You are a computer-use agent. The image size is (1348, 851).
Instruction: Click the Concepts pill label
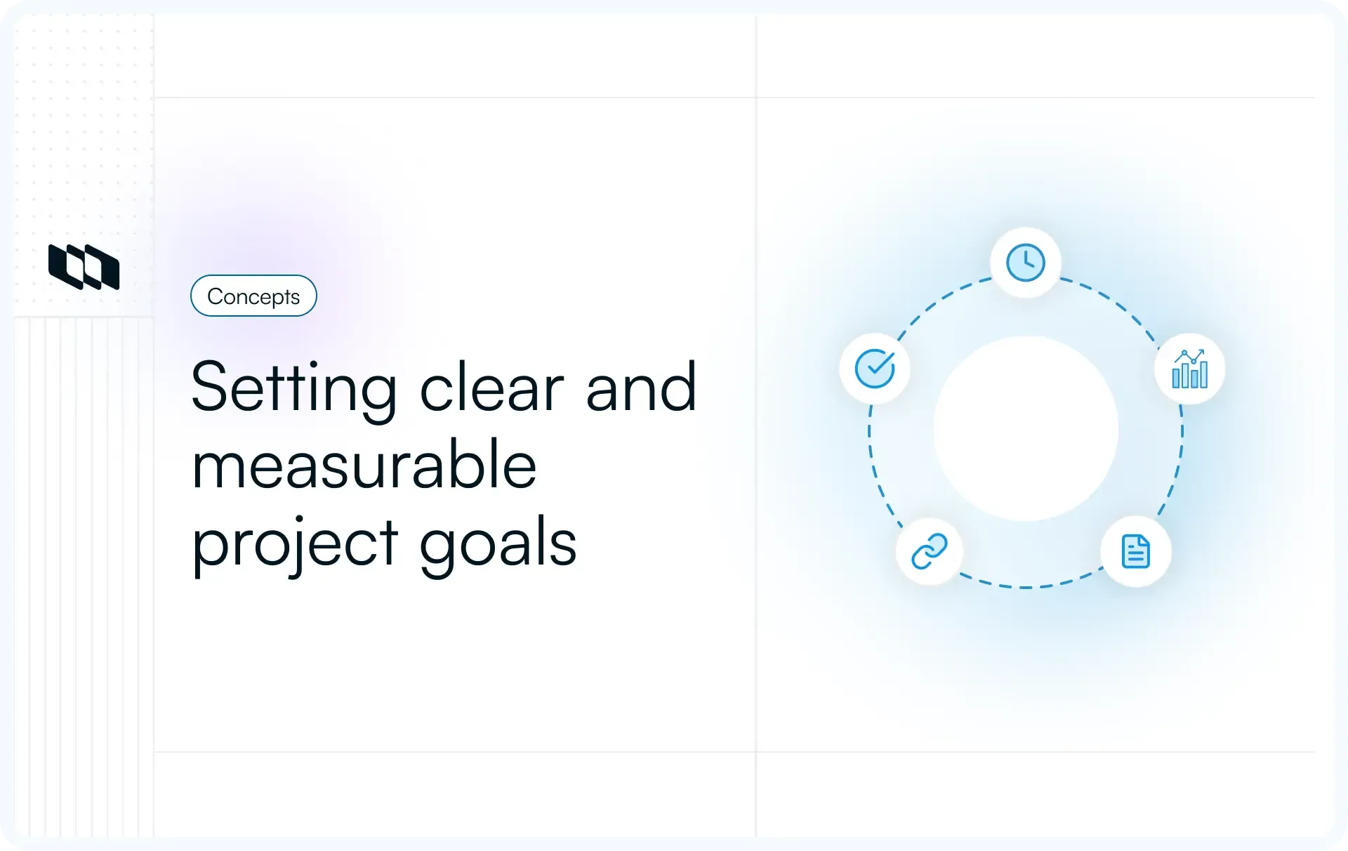tap(253, 296)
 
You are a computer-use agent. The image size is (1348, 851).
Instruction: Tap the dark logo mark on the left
tap(84, 267)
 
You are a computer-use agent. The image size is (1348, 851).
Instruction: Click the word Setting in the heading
tap(294, 388)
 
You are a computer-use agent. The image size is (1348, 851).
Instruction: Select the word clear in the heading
tap(491, 388)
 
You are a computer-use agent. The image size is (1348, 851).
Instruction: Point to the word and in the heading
tap(641, 388)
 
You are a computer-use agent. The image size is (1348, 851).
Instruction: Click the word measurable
tap(364, 465)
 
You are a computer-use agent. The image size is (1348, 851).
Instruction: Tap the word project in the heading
tap(295, 543)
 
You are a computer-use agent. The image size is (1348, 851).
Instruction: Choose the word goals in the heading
tap(498, 543)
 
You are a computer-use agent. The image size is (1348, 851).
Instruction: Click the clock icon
tap(1026, 263)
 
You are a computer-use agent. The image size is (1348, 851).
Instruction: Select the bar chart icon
tap(1190, 369)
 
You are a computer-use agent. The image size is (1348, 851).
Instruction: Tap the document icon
tap(1135, 551)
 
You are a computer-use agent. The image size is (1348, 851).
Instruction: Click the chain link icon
tap(930, 551)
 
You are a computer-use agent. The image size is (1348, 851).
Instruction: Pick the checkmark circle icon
tap(875, 369)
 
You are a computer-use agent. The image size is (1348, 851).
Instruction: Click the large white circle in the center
tap(1026, 429)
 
